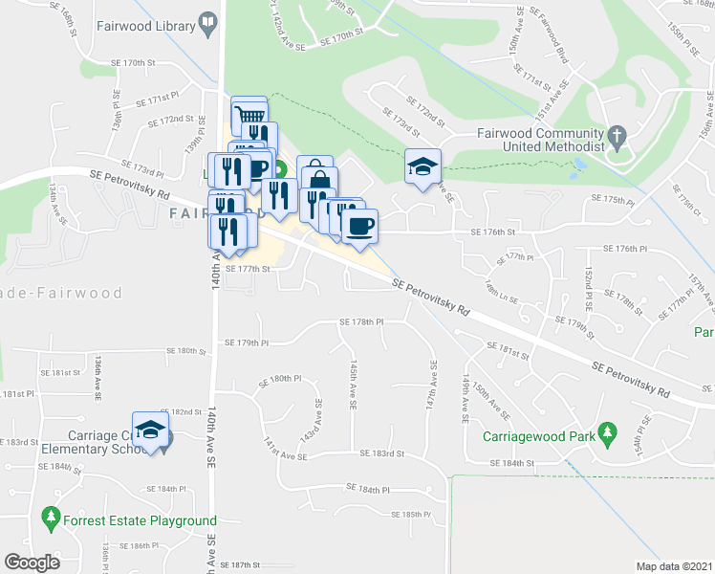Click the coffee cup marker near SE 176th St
click(x=359, y=227)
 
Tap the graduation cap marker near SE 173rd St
click(x=422, y=166)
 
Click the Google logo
click(x=32, y=563)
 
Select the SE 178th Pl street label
click(x=361, y=322)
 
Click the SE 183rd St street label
click(x=382, y=453)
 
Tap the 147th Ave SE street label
click(x=433, y=384)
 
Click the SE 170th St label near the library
click(x=131, y=63)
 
